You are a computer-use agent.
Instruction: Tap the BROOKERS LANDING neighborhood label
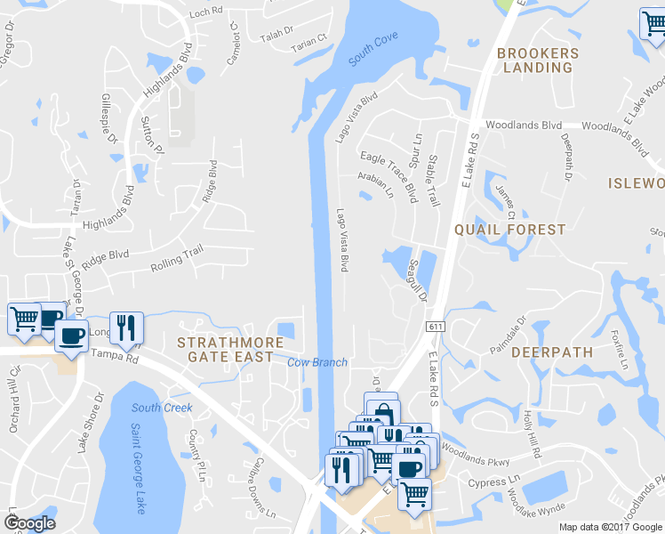click(538, 61)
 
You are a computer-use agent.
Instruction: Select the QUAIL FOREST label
click(509, 230)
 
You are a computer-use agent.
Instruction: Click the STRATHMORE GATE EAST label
click(225, 350)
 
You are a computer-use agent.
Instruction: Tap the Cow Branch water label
click(316, 362)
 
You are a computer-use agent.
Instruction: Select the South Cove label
click(373, 50)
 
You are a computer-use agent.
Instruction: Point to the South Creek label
click(162, 408)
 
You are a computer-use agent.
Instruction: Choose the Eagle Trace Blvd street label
click(389, 175)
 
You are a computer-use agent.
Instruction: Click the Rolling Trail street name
click(177, 258)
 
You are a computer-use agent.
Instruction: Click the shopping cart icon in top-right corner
click(654, 25)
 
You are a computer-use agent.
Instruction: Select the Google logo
click(29, 523)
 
